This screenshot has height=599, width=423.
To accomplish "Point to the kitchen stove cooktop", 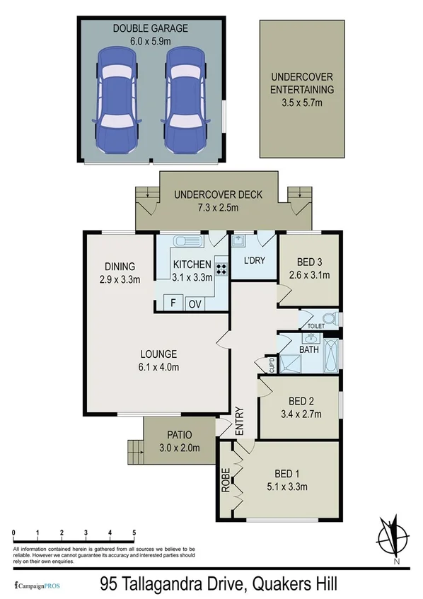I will click(221, 269).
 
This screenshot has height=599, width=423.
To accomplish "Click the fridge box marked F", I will click(171, 303).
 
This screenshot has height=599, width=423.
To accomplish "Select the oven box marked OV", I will click(194, 303).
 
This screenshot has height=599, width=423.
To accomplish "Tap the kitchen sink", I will click(189, 241).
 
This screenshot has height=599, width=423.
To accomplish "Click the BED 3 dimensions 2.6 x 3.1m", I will click(309, 275).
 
